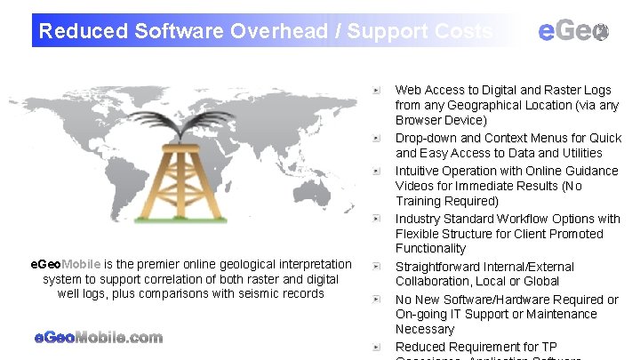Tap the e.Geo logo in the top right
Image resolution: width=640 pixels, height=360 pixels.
(x=574, y=30)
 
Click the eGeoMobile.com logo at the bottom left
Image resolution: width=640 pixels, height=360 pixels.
(x=98, y=337)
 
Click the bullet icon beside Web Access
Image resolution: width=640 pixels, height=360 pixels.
(x=377, y=90)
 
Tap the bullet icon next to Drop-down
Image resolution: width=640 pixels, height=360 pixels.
(x=377, y=138)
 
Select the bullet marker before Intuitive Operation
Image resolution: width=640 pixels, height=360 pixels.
(x=377, y=171)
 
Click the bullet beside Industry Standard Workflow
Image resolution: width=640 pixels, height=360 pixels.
(x=377, y=219)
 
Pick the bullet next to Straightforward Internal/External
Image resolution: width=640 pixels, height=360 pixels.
(x=377, y=267)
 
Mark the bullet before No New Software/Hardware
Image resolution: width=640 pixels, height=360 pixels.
(x=377, y=300)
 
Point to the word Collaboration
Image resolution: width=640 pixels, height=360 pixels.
(x=435, y=281)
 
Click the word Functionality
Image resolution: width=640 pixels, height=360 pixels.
(x=430, y=248)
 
